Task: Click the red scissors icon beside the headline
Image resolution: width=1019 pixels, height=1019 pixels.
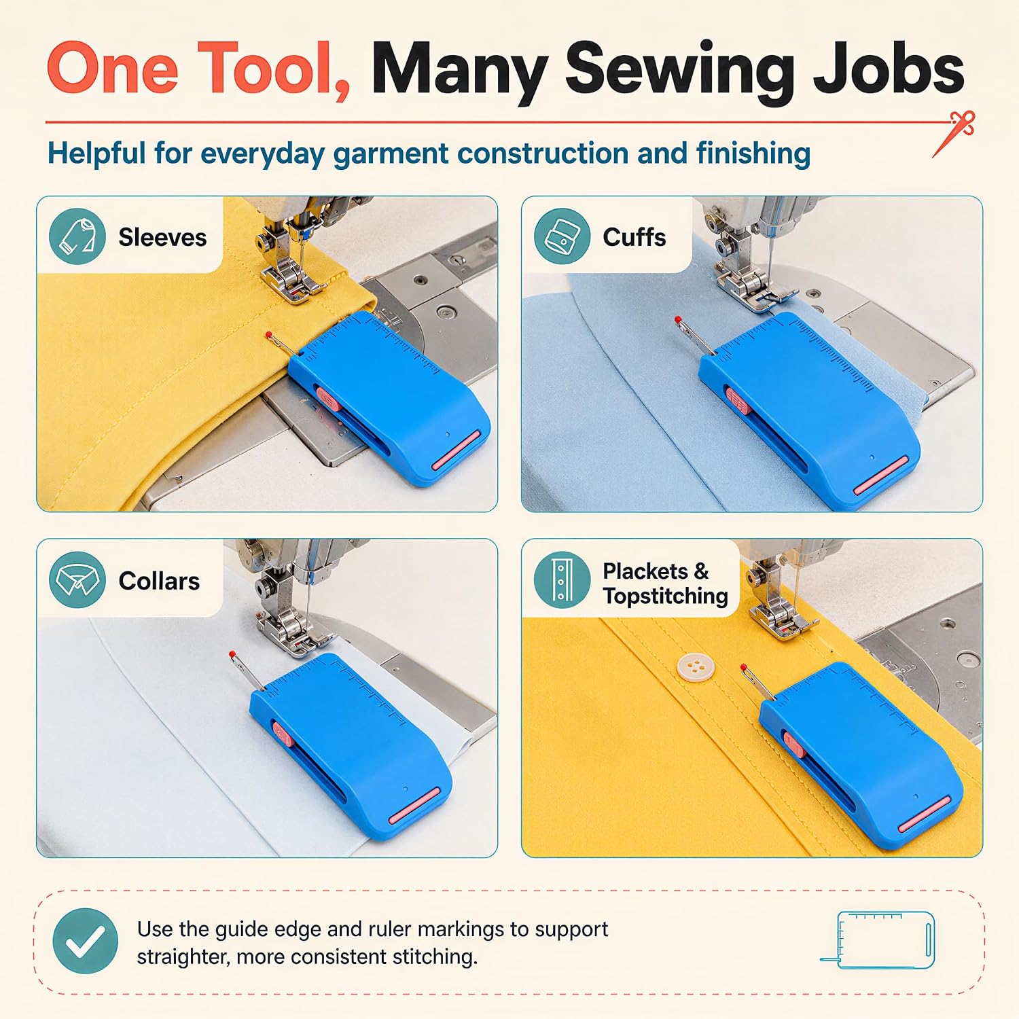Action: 954,133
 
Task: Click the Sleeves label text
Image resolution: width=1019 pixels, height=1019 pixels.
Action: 162,237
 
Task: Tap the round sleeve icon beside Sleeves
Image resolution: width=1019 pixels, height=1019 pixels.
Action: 77,236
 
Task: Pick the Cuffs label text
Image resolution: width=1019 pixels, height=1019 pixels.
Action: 634,237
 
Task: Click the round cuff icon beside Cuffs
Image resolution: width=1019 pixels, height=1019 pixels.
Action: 562,236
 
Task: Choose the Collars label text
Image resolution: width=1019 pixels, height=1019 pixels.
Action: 159,581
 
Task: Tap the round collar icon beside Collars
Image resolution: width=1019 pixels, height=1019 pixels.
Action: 77,579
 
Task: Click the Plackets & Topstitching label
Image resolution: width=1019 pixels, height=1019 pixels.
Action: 665,583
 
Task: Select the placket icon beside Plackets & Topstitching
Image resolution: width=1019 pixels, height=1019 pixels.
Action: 562,579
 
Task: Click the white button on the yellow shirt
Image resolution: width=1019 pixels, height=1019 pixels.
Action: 693,666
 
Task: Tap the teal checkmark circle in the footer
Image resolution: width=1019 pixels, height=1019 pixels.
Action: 86,942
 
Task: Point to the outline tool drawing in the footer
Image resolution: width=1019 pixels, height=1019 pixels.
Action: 878,940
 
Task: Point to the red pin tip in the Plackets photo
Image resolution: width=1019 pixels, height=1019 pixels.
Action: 743,668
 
